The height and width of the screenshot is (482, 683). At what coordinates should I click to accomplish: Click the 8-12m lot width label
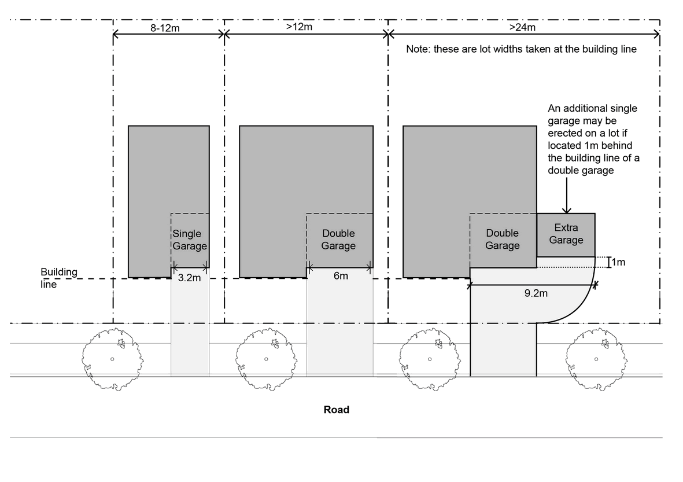point(165,28)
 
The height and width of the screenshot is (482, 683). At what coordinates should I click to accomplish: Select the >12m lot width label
point(299,27)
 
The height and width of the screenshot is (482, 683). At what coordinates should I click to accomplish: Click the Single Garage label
point(189,240)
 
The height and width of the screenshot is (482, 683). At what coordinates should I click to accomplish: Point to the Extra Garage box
point(566,235)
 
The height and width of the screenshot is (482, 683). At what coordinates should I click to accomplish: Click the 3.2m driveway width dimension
point(189,278)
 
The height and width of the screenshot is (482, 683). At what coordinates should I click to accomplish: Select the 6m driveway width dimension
point(341,276)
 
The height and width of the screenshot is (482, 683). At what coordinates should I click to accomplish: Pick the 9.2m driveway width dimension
point(536,293)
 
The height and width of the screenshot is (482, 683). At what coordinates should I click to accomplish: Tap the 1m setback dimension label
point(618,263)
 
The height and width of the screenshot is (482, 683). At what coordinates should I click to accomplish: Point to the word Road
point(336,410)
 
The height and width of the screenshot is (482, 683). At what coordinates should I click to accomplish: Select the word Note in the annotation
point(418,49)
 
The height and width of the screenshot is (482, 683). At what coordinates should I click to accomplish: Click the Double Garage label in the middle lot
point(338,240)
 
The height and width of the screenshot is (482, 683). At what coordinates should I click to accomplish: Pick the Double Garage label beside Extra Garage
point(502,240)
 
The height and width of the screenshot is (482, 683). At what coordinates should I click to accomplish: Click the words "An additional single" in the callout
point(593,108)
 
